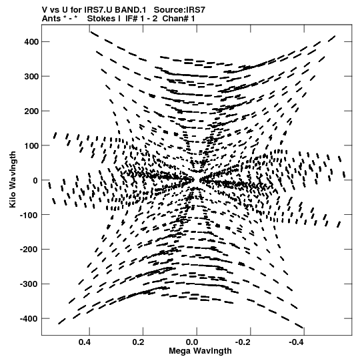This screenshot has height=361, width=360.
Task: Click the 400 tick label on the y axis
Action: (x=31, y=41)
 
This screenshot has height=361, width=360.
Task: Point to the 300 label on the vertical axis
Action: (x=31, y=76)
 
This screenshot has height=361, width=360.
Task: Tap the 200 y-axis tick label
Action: (x=31, y=111)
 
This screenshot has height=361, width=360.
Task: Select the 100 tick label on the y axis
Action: (x=31, y=145)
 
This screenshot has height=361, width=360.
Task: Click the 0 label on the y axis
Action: (x=35, y=180)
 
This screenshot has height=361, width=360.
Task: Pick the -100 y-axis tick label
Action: (x=29, y=215)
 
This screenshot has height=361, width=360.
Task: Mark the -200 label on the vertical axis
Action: (x=29, y=250)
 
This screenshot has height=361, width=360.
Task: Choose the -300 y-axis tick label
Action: (x=29, y=284)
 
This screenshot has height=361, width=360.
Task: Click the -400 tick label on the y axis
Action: (x=29, y=319)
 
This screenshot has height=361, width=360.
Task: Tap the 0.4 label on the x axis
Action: (x=85, y=342)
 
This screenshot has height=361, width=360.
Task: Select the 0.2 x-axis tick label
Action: (x=138, y=342)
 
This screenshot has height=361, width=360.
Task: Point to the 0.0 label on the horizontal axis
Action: (x=192, y=342)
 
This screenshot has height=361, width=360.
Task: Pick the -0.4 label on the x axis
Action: (x=297, y=342)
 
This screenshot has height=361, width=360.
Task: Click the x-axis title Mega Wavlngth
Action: (x=201, y=351)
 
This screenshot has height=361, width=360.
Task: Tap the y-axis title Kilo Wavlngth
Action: (x=13, y=179)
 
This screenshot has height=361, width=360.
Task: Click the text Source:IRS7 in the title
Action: (x=179, y=10)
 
